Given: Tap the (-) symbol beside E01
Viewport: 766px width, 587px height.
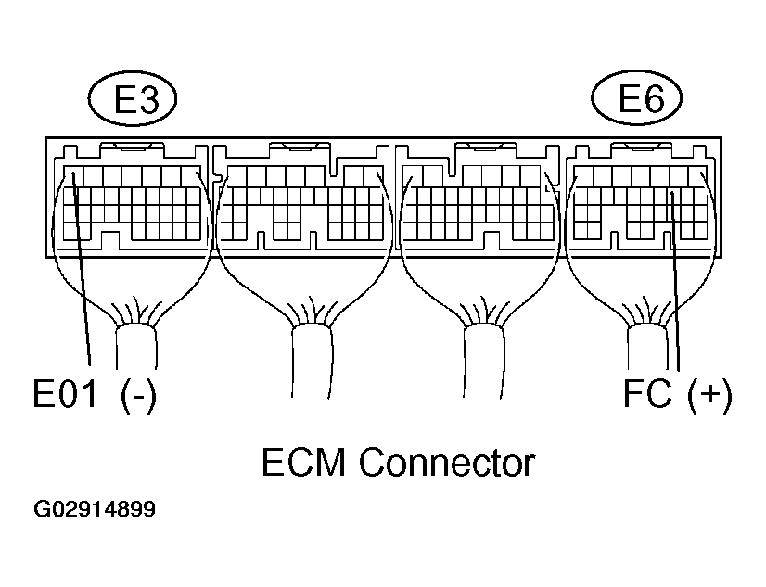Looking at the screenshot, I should pos(137,396).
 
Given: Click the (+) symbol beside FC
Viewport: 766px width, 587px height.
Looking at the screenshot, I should pos(710,396).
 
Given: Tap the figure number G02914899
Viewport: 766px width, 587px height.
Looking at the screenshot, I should pos(95,510).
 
